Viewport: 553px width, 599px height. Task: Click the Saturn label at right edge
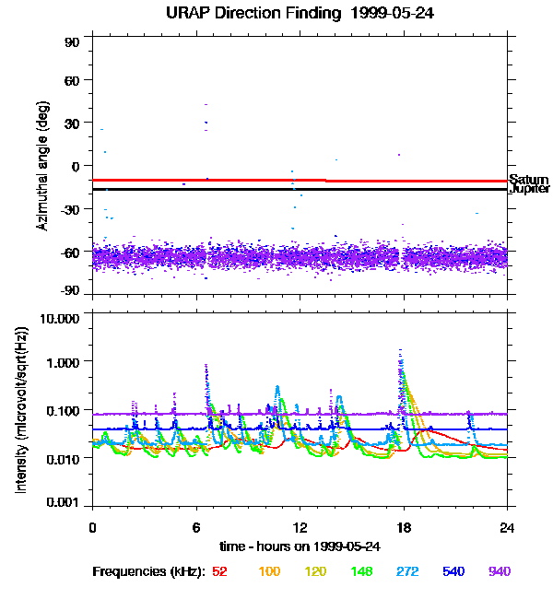pos(529,180)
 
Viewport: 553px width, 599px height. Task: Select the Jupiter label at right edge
pos(529,189)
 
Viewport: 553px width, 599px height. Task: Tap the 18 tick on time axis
pos(403,526)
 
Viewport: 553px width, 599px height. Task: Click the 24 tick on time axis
pos(507,526)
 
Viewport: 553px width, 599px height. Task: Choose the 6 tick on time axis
pos(196,526)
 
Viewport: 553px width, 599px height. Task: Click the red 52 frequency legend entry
pos(219,571)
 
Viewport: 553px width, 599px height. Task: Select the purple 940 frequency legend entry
pos(500,571)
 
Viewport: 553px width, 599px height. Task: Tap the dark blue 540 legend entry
pos(453,571)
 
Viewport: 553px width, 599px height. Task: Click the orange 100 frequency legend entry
pos(268,571)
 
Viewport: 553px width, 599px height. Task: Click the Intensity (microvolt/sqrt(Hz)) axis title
pos(20,410)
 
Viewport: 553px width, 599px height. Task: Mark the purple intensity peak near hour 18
pos(400,351)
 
